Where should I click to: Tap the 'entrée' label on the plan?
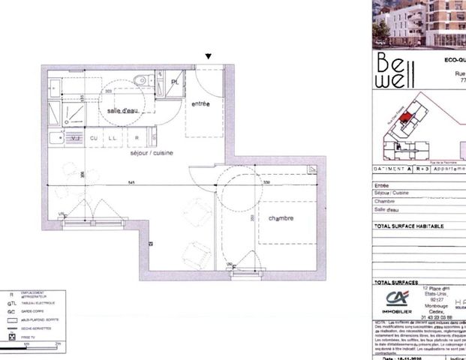coord(200,103)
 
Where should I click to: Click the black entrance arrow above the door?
coord(209,55)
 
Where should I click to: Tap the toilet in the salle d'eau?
coord(140,82)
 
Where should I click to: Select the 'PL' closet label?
coord(175,81)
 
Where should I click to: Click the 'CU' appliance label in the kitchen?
coord(95,139)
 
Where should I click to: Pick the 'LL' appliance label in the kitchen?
coord(112,139)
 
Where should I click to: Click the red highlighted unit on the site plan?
coord(406,117)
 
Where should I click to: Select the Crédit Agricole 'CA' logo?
coord(395,298)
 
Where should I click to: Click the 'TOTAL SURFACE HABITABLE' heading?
coord(408,226)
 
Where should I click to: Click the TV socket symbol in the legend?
coord(12,337)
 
